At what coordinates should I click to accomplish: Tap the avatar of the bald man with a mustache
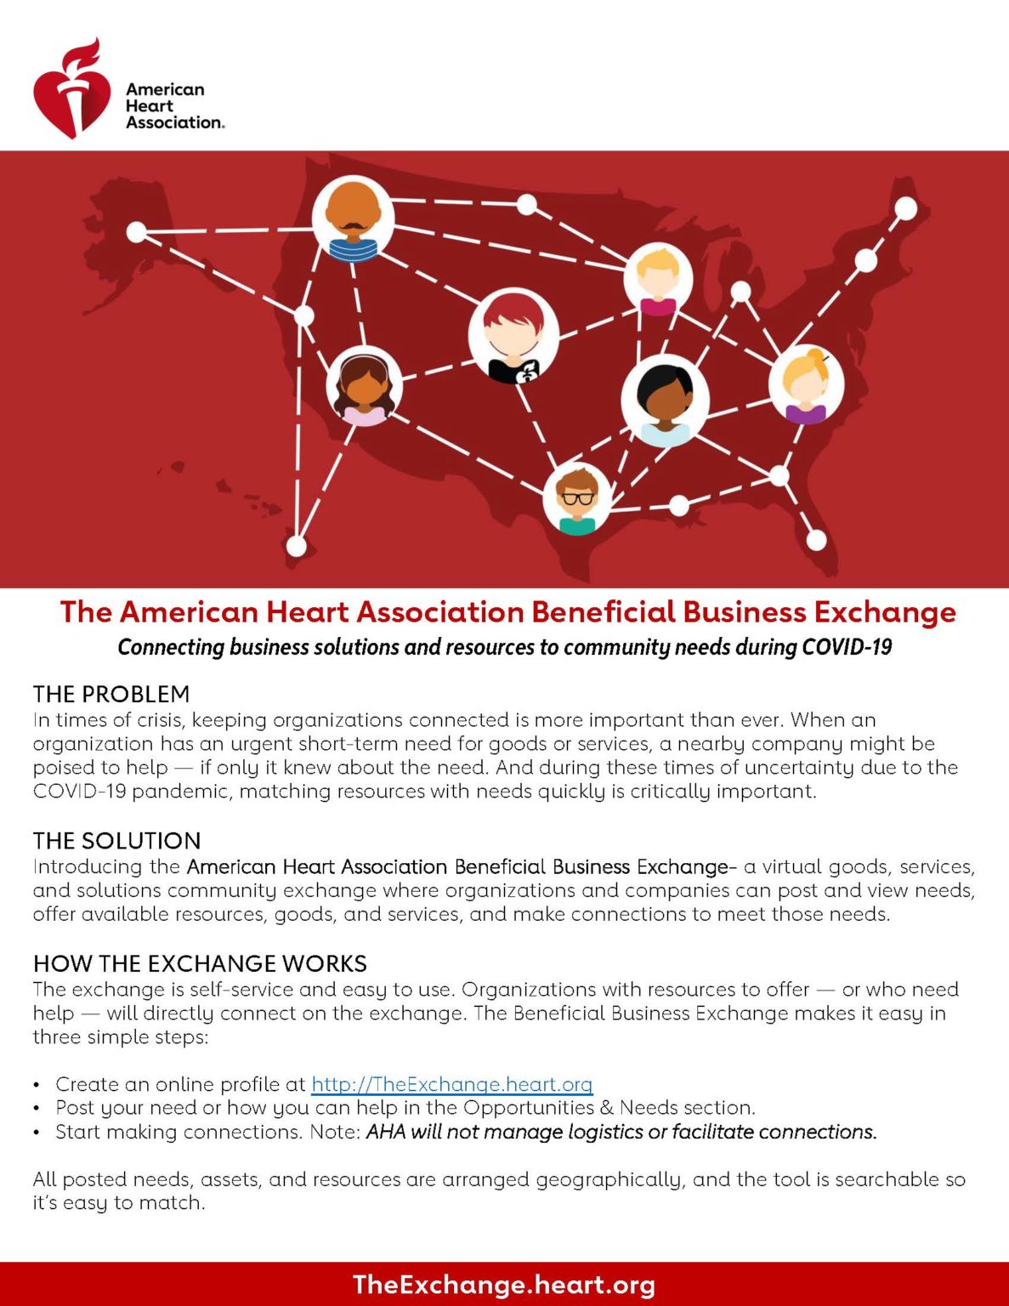pos(353,218)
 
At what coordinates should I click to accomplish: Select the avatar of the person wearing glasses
pos(577,498)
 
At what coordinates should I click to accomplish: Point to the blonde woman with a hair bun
pos(806,383)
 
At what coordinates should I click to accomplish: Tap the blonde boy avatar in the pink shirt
pos(658,279)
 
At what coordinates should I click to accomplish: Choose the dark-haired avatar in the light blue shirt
pos(665,400)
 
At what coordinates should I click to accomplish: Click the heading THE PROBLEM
pos(111,694)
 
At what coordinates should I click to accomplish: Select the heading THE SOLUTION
pos(117,840)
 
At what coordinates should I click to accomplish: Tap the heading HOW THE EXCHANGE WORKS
pos(200,963)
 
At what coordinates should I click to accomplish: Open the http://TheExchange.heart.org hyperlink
pos(452,1084)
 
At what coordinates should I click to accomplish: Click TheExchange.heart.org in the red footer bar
pos(504,1285)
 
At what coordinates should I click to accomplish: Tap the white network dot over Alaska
pos(136,232)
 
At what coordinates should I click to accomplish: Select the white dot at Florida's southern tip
pos(815,540)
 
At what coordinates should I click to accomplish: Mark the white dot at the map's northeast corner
pos(905,209)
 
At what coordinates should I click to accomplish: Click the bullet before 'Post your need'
pos(37,1108)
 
